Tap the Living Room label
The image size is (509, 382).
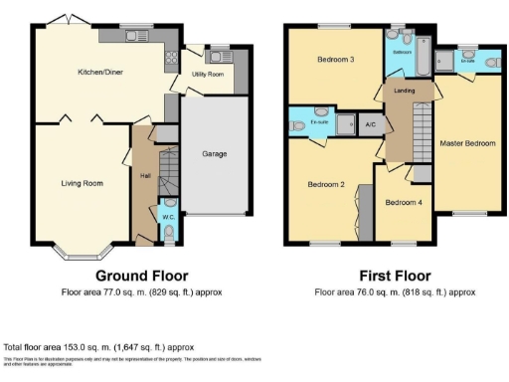83,183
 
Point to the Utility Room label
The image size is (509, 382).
209,75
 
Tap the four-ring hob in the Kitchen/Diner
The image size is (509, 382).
171,60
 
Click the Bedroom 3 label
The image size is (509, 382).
335,60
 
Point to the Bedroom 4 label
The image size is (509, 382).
403,203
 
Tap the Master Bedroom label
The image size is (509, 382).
466,144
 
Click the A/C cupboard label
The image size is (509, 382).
369,124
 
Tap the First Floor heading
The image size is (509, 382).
395,275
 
